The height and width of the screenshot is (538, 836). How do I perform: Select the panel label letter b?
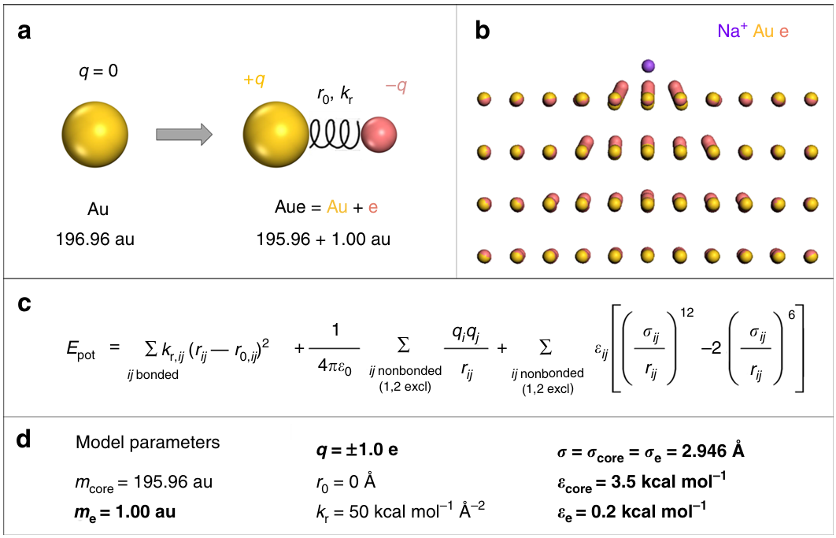pos(483,31)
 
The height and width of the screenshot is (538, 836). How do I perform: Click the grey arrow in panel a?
pos(184,134)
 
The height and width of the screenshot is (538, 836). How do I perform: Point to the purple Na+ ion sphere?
pos(648,65)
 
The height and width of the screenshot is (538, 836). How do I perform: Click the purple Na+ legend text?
pos(733,32)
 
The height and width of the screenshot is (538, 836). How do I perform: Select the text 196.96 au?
pos(95,239)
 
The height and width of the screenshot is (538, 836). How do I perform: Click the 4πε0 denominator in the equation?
pos(335,366)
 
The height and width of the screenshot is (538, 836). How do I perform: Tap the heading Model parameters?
pos(147,443)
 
